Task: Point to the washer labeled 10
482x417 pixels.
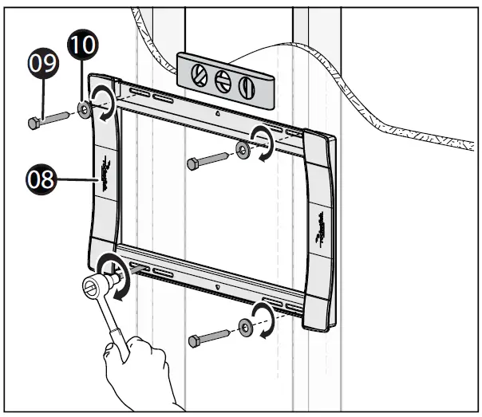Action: (x=84, y=108)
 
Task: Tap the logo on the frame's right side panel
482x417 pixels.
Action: (x=320, y=219)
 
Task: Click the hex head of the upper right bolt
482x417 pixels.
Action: (x=192, y=164)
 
